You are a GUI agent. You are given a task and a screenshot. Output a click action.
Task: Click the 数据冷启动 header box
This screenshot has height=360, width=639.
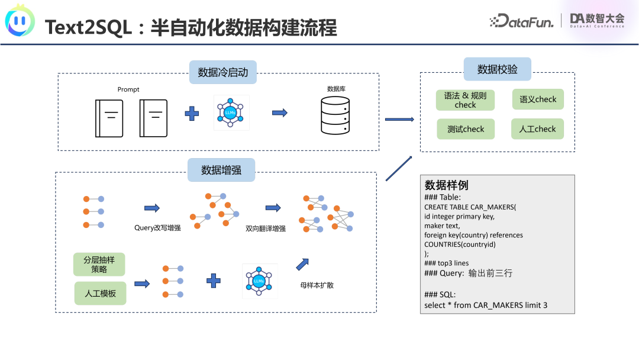pyautogui.click(x=222, y=73)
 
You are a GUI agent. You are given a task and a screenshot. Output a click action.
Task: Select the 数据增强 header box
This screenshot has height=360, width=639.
pyautogui.click(x=221, y=171)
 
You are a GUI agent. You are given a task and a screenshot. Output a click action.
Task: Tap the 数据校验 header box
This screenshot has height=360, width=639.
pyautogui.click(x=497, y=69)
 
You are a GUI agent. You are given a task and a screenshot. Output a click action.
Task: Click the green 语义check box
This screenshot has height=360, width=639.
pyautogui.click(x=538, y=99)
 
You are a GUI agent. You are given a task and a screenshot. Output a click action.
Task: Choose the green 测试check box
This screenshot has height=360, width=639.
pyautogui.click(x=466, y=129)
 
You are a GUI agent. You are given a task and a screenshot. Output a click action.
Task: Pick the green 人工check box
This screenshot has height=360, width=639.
pyautogui.click(x=537, y=129)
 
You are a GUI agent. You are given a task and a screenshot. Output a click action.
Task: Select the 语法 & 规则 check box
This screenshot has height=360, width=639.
pyautogui.click(x=465, y=100)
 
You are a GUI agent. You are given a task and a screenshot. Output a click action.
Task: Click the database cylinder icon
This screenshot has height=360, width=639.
pyautogui.click(x=335, y=115)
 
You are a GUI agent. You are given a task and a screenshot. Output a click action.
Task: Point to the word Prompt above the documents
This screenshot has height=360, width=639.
pyautogui.click(x=128, y=89)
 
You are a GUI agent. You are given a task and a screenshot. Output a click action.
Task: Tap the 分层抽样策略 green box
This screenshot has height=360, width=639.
pyautogui.click(x=99, y=265)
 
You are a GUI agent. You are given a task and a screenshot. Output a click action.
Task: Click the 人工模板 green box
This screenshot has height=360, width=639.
pyautogui.click(x=100, y=293)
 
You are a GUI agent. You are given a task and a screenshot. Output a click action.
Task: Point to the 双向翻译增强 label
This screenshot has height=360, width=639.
pyautogui.click(x=266, y=228)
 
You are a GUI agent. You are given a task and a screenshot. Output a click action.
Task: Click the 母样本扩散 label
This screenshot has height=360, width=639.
pyautogui.click(x=317, y=285)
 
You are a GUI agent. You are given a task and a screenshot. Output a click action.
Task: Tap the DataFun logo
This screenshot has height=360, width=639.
pyautogui.click(x=521, y=21)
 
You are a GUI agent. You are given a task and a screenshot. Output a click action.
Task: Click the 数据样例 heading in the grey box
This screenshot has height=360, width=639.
pyautogui.click(x=447, y=185)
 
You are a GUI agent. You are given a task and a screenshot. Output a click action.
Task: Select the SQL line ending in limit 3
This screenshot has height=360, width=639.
pyautogui.click(x=485, y=305)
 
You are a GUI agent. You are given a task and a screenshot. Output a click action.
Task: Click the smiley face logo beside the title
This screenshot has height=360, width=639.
pyautogui.click(x=20, y=22)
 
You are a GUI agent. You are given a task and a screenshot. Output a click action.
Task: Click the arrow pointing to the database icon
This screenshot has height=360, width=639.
pyautogui.click(x=279, y=112)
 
